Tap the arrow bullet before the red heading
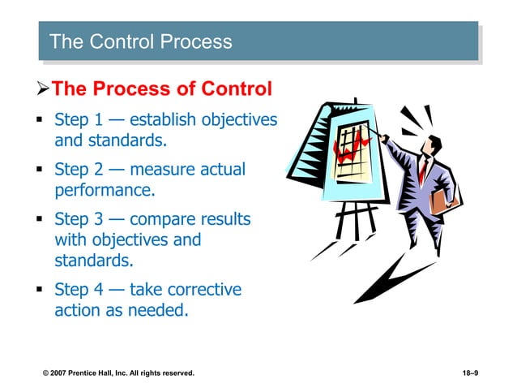click(x=45, y=88)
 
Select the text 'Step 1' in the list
click(x=79, y=120)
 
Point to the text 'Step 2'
click(x=79, y=170)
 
